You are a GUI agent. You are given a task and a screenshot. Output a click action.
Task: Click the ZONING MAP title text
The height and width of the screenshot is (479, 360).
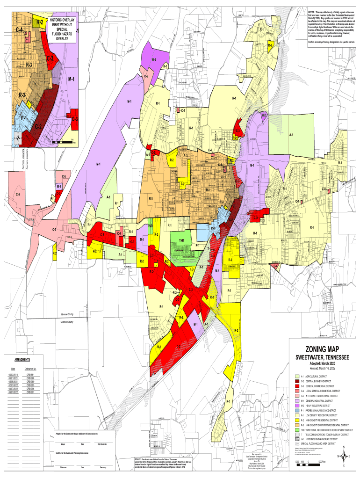322,349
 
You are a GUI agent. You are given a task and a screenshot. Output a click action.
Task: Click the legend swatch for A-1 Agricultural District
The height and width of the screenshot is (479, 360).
296,376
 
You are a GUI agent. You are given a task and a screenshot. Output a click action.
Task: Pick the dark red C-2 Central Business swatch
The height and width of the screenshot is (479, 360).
296,381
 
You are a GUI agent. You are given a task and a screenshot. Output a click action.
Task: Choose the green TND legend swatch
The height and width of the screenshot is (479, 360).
296,429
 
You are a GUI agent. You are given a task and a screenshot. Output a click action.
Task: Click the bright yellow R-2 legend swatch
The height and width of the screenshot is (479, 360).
296,420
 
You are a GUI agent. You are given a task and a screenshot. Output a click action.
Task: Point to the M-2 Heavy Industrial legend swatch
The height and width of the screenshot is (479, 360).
296,405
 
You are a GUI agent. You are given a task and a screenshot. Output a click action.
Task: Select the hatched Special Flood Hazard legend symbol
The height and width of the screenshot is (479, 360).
296,444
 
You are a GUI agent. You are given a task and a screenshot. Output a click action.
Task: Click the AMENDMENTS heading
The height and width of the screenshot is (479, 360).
22,360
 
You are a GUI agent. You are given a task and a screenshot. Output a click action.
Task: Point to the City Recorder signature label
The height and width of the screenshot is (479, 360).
102,443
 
